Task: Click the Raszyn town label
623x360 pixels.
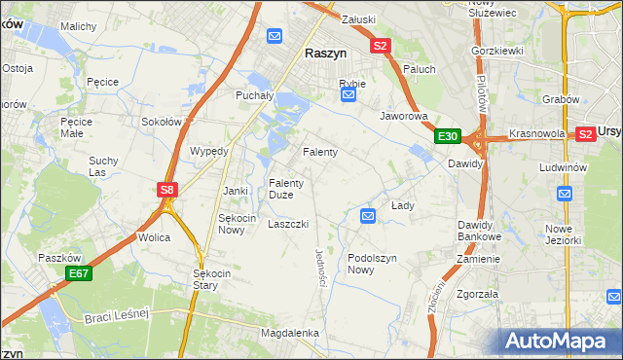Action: pos(328,55)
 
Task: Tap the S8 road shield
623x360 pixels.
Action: pos(166,191)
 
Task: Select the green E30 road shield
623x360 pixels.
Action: pos(448,137)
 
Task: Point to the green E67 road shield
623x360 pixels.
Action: pos(79,275)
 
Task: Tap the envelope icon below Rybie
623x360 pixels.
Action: pos(348,96)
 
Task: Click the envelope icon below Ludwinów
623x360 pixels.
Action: pos(566,194)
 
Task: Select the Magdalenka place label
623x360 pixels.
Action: pos(290,333)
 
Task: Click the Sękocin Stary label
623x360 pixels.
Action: pos(212,280)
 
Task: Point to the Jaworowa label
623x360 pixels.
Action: pos(404,116)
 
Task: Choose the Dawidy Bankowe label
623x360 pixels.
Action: pos(479,231)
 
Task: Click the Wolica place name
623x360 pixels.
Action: pos(154,237)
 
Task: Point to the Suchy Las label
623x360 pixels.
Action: pos(102,166)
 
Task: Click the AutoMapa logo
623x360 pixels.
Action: pos(560,341)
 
